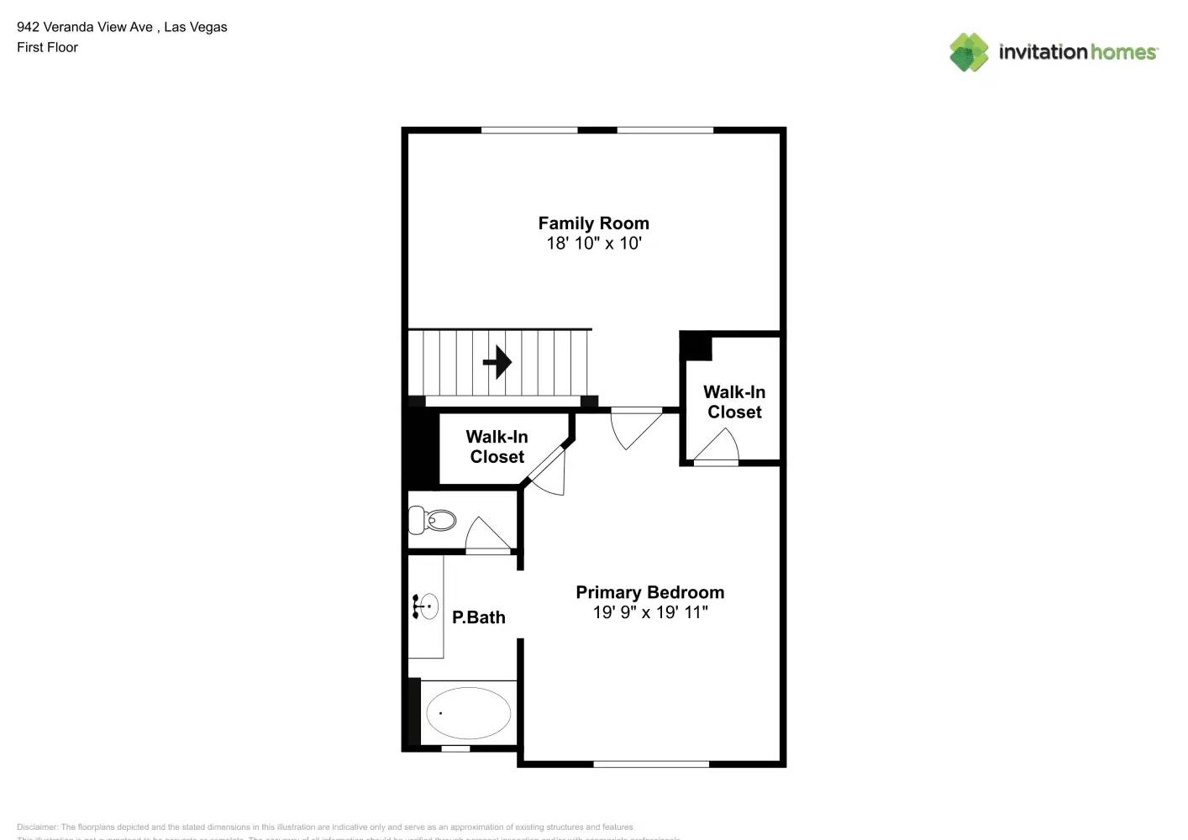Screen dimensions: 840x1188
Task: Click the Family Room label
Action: pyautogui.click(x=593, y=223)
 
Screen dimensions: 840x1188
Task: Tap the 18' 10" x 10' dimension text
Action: pyautogui.click(x=593, y=244)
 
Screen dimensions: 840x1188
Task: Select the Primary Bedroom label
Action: pyautogui.click(x=649, y=592)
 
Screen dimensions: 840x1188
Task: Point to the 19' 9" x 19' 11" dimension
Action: pyautogui.click(x=649, y=612)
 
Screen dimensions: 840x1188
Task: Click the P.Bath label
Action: pyautogui.click(x=478, y=617)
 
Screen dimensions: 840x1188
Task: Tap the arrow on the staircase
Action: pyautogui.click(x=497, y=363)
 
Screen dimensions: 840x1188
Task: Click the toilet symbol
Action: pyautogui.click(x=432, y=521)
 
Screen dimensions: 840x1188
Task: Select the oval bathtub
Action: pyautogui.click(x=468, y=713)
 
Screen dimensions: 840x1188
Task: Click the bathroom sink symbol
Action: pyautogui.click(x=426, y=606)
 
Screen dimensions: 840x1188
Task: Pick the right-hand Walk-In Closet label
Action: pyautogui.click(x=733, y=402)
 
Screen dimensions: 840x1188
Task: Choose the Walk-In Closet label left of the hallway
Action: pyautogui.click(x=497, y=446)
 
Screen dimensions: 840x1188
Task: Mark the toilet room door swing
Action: pyautogui.click(x=486, y=535)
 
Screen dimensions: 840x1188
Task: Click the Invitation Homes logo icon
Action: pyautogui.click(x=969, y=52)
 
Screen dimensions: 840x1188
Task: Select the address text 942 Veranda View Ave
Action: pyautogui.click(x=85, y=27)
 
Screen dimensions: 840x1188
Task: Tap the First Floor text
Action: pyautogui.click(x=47, y=47)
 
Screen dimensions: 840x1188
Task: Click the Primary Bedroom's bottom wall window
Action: pyautogui.click(x=651, y=764)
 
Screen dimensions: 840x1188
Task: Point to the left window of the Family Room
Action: pyautogui.click(x=528, y=130)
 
